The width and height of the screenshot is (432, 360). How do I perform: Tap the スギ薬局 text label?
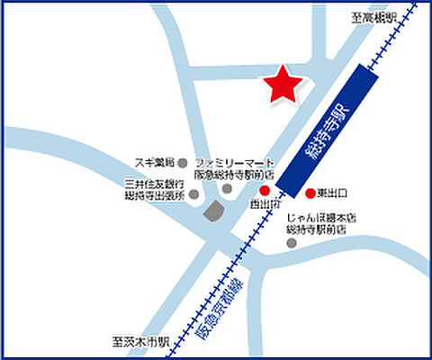[154, 162]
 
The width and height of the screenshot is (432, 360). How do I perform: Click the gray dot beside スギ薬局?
[183, 163]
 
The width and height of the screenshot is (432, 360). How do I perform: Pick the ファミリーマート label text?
[235, 162]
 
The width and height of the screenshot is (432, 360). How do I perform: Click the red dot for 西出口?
[265, 191]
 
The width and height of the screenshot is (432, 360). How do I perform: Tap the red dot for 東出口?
[310, 193]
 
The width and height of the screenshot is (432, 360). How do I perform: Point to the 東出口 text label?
[333, 193]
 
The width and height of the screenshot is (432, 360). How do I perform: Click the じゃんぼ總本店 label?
[321, 217]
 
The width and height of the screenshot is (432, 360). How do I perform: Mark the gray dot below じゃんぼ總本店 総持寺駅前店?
[290, 241]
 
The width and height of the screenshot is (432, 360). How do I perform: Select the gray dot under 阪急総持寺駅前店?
[228, 189]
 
